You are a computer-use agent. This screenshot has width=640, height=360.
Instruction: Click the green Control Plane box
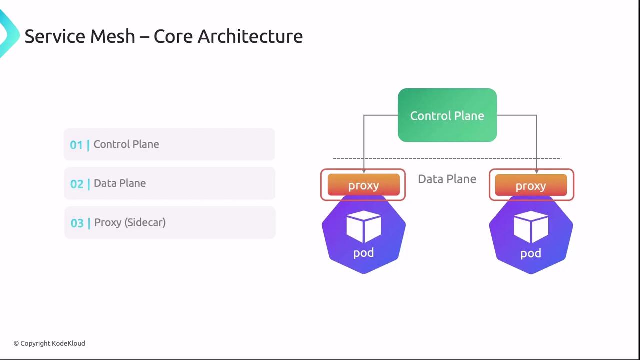coord(447,115)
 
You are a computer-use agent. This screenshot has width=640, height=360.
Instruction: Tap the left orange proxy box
coord(363,185)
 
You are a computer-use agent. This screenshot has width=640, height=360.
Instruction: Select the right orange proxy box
coord(531,185)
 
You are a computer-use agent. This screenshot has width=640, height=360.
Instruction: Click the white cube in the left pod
coord(363,227)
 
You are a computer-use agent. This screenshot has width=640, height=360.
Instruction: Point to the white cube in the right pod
coord(531,227)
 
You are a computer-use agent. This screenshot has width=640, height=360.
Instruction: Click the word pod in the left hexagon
coord(363,253)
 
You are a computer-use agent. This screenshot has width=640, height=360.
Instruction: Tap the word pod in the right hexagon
coord(531,253)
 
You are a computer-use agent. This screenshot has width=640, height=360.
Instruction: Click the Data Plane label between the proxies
coord(447,179)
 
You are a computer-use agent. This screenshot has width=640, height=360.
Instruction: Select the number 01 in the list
coord(76,145)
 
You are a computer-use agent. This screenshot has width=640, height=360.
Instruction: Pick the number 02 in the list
coord(77,184)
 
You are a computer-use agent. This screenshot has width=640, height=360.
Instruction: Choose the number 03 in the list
coord(77,223)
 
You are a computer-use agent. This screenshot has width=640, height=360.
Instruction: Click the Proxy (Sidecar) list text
coord(130,223)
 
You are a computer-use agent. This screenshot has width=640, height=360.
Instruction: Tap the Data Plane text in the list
coord(120,183)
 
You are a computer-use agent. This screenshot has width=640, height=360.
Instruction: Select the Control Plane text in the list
coord(126,144)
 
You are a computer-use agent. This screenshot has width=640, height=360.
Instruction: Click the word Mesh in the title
coord(113,36)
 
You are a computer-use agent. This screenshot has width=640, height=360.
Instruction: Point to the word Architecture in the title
coord(250,36)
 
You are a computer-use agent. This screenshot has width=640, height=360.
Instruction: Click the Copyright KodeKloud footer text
coord(49,343)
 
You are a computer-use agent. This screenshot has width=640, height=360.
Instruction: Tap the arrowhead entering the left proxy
coord(364,171)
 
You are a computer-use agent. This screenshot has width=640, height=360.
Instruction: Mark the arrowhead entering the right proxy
coord(537,171)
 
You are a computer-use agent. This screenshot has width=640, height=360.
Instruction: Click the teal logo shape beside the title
coord(8,34)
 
